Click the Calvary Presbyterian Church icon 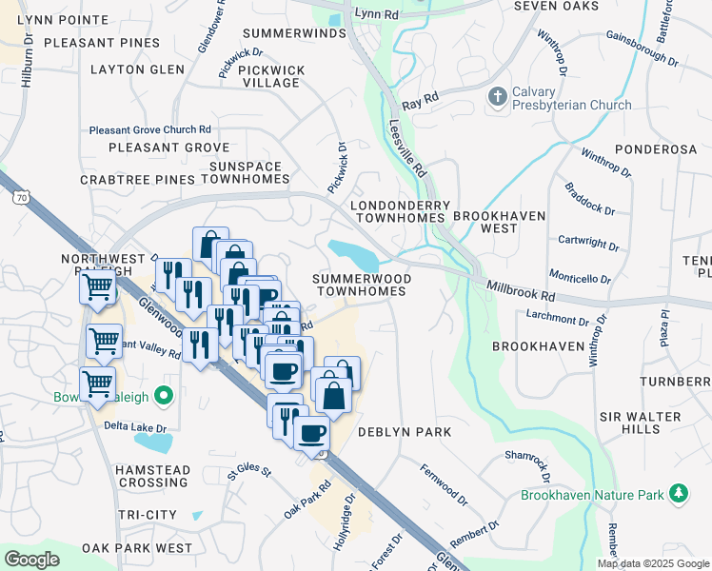click(496, 96)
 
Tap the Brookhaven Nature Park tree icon click(679, 493)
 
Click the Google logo click(31, 560)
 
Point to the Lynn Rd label click(373, 13)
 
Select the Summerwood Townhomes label click(362, 284)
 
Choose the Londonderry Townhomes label click(399, 211)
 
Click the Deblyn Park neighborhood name click(404, 432)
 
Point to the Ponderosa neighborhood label click(656, 149)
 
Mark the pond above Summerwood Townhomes click(354, 254)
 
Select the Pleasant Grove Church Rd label click(149, 129)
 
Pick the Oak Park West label click(137, 548)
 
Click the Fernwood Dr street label click(445, 484)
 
